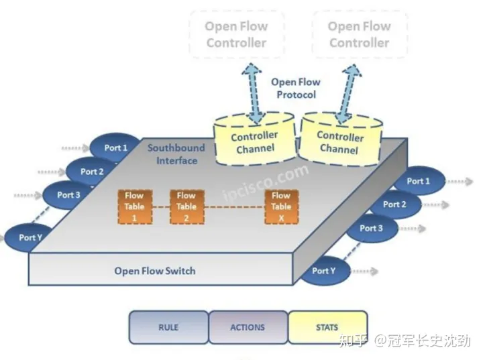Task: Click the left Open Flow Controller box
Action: point(236,35)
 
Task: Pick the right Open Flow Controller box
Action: point(359,35)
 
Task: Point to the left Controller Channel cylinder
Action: point(254,141)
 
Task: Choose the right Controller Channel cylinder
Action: point(340,141)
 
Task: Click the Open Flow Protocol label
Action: point(296,88)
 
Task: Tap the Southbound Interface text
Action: point(177,154)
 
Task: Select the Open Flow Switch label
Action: point(155,271)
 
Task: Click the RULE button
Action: point(168,327)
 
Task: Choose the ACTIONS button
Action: point(248,327)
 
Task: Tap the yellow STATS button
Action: point(327,327)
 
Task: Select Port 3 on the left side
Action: point(69,195)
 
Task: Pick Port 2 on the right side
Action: point(395,204)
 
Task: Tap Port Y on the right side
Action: point(323,271)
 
